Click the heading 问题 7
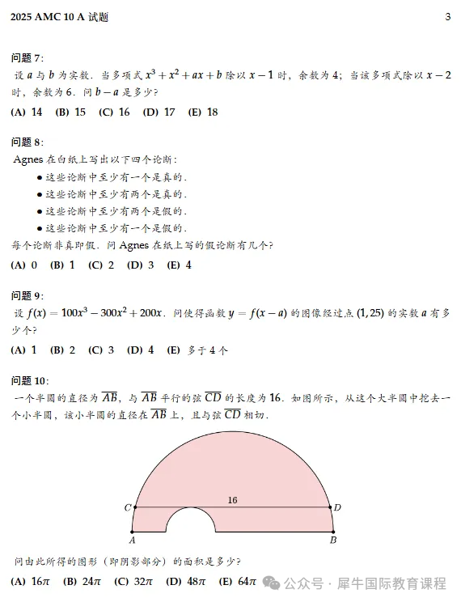click(28, 57)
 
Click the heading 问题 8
click(28, 142)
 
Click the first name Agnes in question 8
click(30, 159)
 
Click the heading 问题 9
click(28, 295)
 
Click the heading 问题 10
click(31, 381)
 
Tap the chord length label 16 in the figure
click(232, 500)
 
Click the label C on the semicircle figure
click(128, 507)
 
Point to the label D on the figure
click(337, 507)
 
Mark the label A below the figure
click(132, 540)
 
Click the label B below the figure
click(332, 540)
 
